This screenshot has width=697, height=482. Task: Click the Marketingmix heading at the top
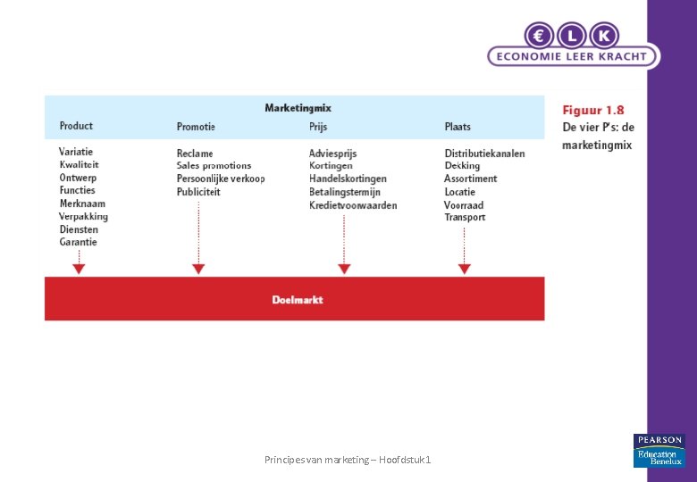click(298, 108)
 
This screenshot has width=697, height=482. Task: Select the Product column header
click(76, 126)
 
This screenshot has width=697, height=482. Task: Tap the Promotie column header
click(196, 127)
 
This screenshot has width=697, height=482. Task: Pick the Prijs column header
click(318, 127)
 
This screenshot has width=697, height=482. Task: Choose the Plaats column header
click(458, 127)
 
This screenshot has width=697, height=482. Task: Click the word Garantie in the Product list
click(79, 242)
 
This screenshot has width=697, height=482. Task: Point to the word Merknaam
click(82, 204)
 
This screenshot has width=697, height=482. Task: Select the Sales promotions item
click(214, 166)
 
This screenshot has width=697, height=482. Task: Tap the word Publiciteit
click(198, 192)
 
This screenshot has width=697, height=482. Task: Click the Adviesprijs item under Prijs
click(332, 154)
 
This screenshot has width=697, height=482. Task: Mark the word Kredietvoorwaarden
click(353, 205)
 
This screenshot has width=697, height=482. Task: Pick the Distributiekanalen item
click(484, 154)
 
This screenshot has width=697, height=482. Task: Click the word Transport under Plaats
click(465, 217)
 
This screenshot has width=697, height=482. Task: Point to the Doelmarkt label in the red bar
click(298, 300)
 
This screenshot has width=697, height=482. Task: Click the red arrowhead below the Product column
click(79, 268)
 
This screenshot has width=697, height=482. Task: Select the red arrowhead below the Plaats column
click(464, 268)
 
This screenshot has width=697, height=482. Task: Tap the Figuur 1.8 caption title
click(592, 111)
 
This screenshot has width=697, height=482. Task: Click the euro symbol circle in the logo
click(539, 35)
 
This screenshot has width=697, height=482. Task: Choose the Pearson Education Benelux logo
click(659, 451)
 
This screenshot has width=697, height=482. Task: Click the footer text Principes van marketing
click(348, 459)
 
